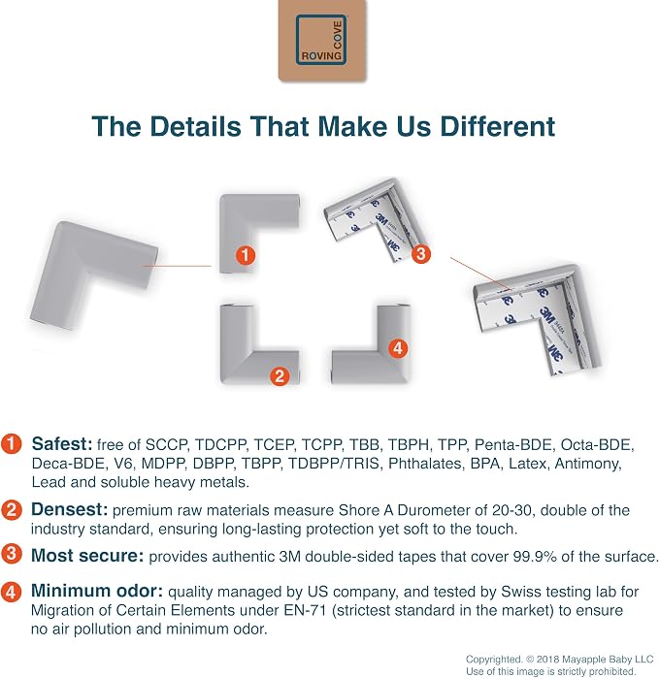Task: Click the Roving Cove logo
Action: pos(322,40)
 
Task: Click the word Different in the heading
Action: pos(497,126)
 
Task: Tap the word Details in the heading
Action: pos(196,126)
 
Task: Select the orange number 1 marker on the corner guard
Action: pos(246,255)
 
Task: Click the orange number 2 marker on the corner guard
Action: pos(280,375)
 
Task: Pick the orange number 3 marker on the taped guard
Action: pos(420,254)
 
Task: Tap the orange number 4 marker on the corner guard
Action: pos(398,348)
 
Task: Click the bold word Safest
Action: pos(62,444)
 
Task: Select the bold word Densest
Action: pos(69,509)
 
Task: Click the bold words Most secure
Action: pos(87,556)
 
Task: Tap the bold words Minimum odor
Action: pos(97,591)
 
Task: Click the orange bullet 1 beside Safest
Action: pos(11,444)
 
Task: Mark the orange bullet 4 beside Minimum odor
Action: pos(11,592)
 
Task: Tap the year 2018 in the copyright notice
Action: pos(548,659)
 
